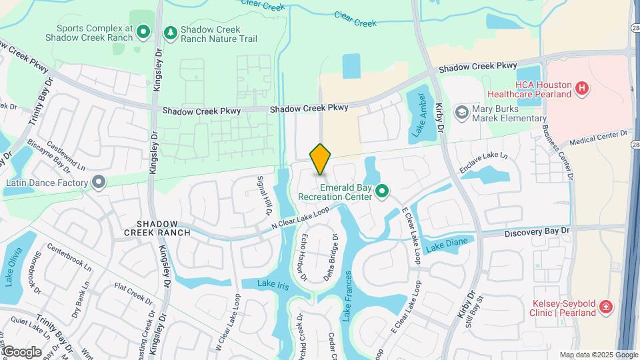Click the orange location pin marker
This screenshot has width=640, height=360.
click(x=321, y=159)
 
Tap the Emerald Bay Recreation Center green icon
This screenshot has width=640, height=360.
click(x=382, y=192)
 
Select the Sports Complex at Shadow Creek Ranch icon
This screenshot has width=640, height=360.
click(x=143, y=31)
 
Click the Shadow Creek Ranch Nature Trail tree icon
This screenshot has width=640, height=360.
click(x=171, y=31)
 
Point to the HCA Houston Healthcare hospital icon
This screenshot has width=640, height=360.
click(x=582, y=87)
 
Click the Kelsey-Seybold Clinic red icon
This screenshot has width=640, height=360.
click(x=605, y=307)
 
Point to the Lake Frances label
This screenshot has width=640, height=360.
click(x=347, y=299)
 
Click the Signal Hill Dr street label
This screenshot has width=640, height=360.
click(x=263, y=195)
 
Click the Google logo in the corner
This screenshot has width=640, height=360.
click(x=22, y=351)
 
